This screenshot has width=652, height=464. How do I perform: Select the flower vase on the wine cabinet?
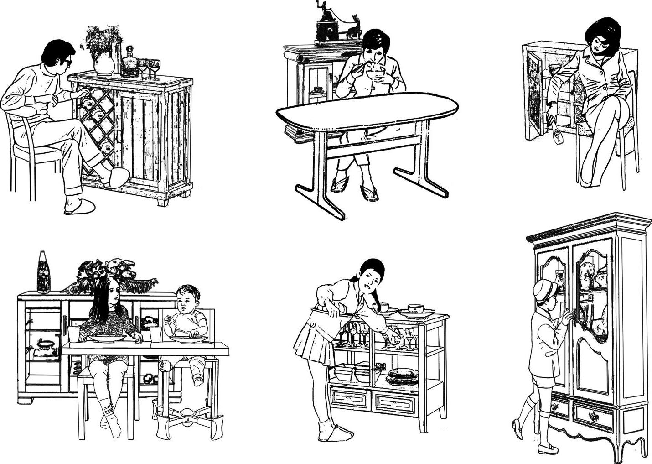(x=104, y=62)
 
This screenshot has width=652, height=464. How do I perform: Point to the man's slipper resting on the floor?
(x=79, y=206)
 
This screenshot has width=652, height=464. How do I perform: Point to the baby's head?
(x=188, y=299)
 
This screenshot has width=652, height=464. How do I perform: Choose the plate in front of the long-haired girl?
(x=108, y=338)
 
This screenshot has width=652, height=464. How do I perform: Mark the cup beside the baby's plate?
(x=155, y=334)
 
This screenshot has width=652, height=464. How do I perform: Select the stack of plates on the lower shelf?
(x=402, y=376)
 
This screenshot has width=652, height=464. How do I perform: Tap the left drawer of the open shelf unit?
(x=349, y=397)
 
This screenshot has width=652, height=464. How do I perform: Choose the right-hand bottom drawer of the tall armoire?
(x=593, y=416)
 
